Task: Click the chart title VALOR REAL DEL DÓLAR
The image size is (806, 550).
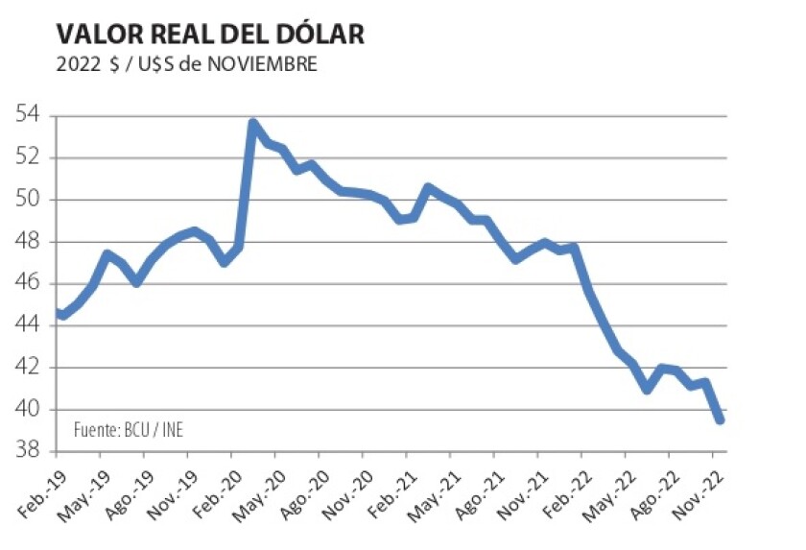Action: [210, 35]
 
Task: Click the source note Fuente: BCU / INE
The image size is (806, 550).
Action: [128, 429]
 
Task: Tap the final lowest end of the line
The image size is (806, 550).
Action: [719, 419]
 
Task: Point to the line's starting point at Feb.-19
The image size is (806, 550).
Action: [59, 313]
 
